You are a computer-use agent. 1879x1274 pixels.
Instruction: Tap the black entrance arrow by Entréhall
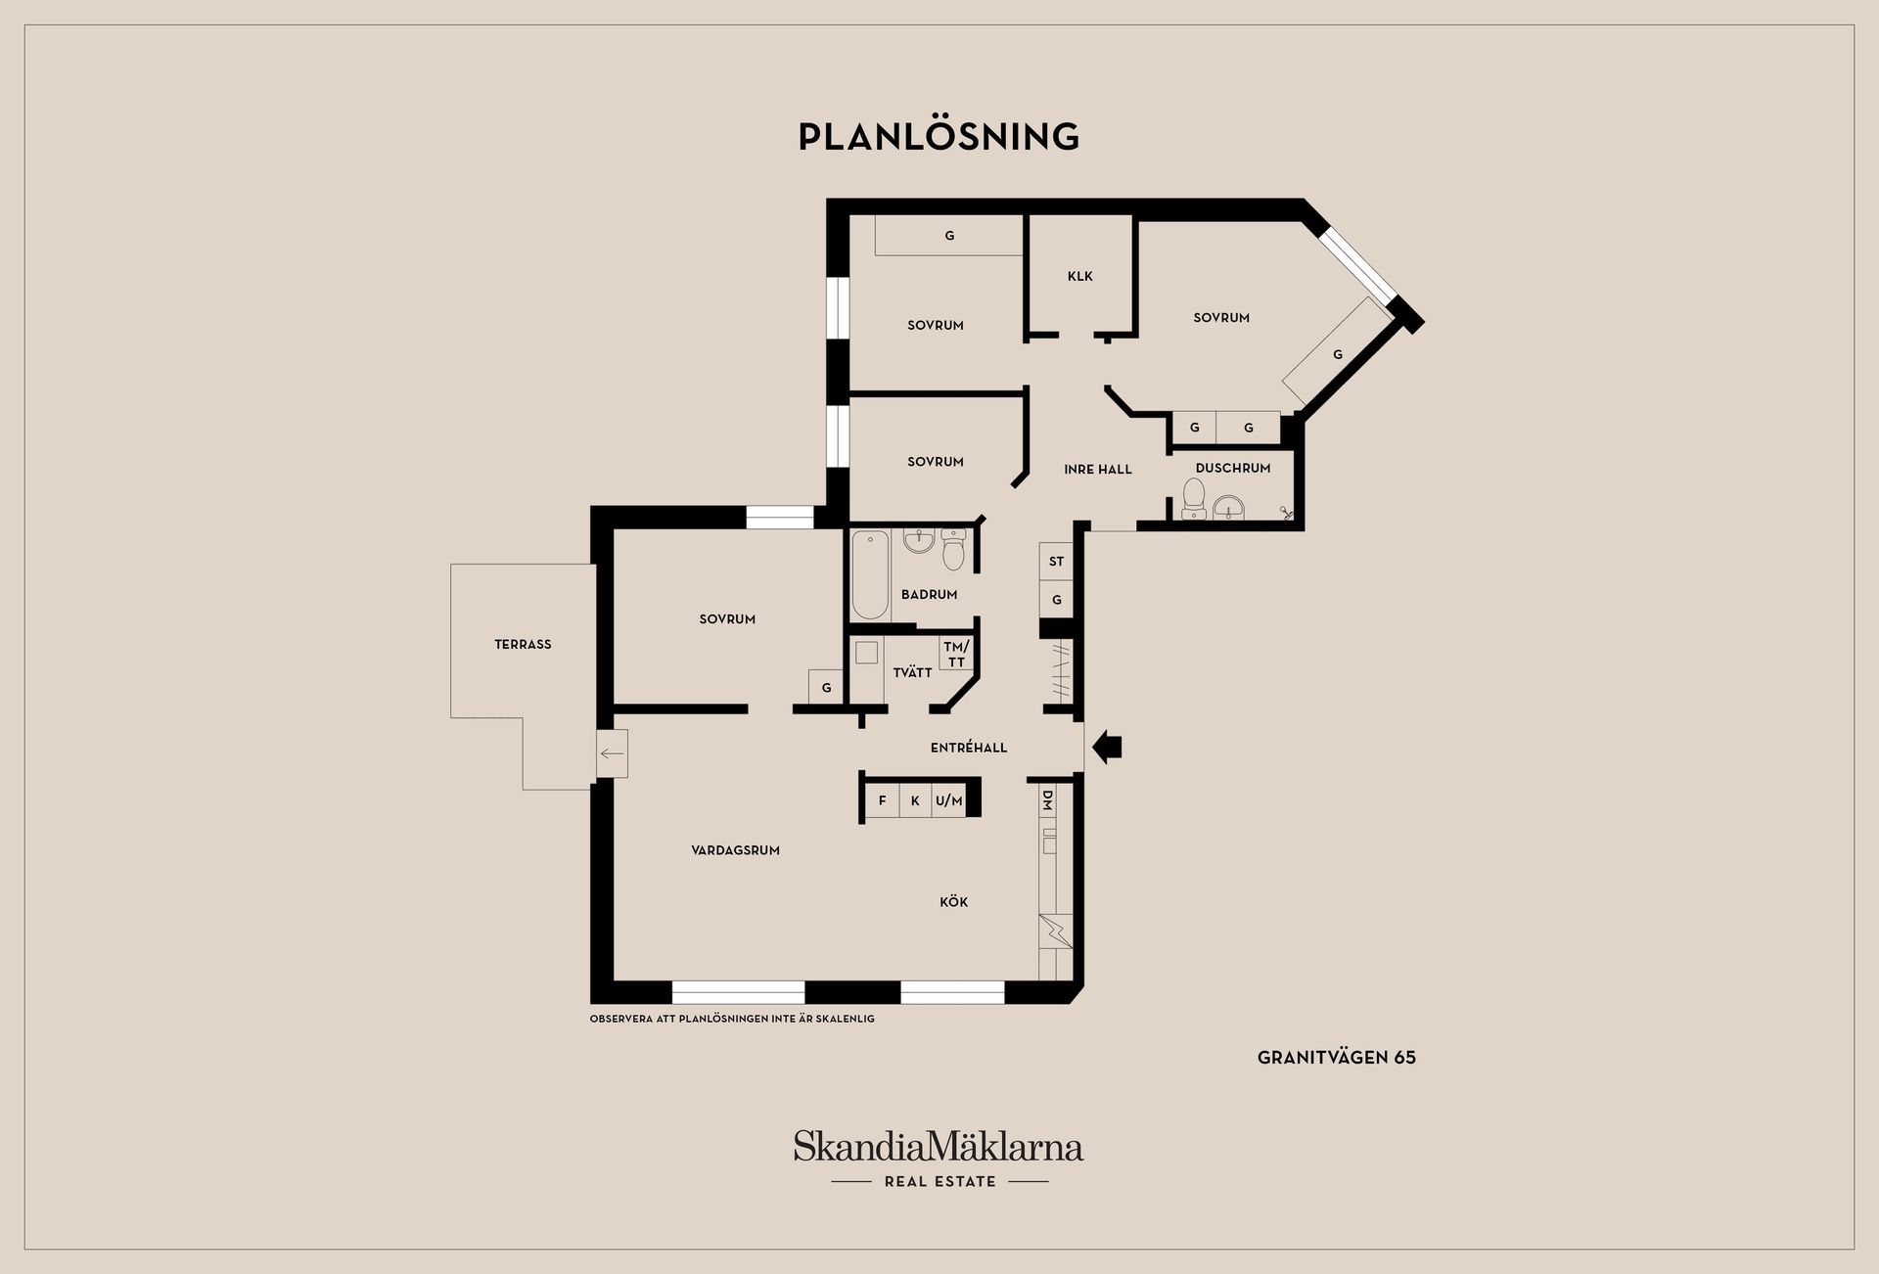point(1107,748)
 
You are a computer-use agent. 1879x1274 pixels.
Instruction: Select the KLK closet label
point(1080,276)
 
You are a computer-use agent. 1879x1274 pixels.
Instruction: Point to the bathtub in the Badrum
point(870,575)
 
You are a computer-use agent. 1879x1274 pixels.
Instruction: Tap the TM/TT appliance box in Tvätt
point(956,654)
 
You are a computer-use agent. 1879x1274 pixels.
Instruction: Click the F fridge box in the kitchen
point(882,800)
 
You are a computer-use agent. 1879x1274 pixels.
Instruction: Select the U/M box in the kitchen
point(948,800)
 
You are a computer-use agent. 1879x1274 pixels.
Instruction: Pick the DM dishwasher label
point(1047,800)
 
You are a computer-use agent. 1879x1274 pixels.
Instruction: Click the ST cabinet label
point(1056,562)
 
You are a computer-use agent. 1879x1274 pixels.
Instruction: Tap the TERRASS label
point(523,644)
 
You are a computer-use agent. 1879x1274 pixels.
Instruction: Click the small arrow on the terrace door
point(612,753)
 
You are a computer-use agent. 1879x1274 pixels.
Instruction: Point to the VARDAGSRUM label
point(735,850)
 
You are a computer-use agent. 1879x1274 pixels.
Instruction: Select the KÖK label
point(953,902)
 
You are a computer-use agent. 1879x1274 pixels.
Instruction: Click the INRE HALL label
point(1098,470)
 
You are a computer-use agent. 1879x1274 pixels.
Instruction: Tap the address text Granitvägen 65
point(1337,1057)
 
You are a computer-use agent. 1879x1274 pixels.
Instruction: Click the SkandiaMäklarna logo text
point(939,1146)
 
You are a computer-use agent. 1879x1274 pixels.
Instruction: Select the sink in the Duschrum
point(1228,507)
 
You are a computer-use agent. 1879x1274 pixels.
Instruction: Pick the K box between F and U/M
point(915,800)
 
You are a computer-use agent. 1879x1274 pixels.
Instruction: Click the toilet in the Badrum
point(953,551)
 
